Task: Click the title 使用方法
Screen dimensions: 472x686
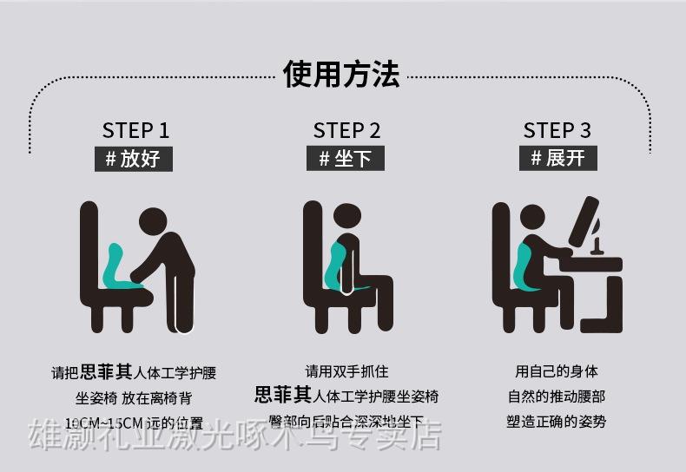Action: [342, 75]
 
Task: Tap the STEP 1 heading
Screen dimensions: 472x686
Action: [135, 130]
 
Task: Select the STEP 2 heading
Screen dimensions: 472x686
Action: [346, 130]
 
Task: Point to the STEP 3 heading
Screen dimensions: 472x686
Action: [557, 130]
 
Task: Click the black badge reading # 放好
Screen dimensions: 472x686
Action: [134, 159]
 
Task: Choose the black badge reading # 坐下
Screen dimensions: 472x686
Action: [345, 159]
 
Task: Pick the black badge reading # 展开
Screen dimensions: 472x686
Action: [558, 159]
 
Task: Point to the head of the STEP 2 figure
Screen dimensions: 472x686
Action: [349, 220]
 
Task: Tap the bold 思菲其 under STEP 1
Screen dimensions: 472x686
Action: [107, 372]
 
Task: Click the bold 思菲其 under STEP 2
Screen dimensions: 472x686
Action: [282, 397]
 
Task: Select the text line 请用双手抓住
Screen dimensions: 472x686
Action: [346, 372]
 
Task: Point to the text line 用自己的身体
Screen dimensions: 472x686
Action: [557, 371]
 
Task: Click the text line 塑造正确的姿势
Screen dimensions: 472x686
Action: [557, 422]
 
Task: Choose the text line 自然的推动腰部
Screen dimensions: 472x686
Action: [557, 397]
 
